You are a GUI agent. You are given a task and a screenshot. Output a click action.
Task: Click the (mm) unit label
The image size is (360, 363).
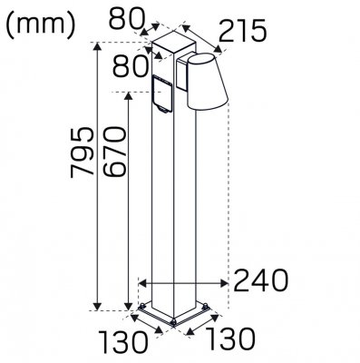(x=41, y=24)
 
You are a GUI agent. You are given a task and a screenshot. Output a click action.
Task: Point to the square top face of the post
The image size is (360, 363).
(x=170, y=40)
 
